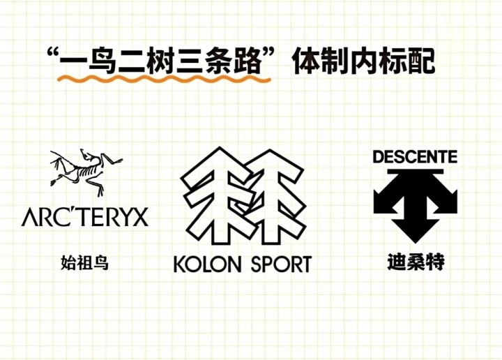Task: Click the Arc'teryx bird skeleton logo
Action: coord(86,172)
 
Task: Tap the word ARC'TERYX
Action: coord(85,217)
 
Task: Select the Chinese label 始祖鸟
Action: coord(85,262)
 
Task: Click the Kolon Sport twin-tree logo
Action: coord(244,196)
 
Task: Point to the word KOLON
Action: coord(207,264)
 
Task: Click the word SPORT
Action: coord(282,264)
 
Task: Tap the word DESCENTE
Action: coord(416,157)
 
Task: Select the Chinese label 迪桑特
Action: coord(416,262)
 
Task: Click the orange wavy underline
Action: coord(164,79)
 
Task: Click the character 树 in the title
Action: coord(161,60)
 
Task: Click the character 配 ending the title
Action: coord(421,60)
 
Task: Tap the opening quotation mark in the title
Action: coord(53,53)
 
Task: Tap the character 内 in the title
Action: coord(364,60)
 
